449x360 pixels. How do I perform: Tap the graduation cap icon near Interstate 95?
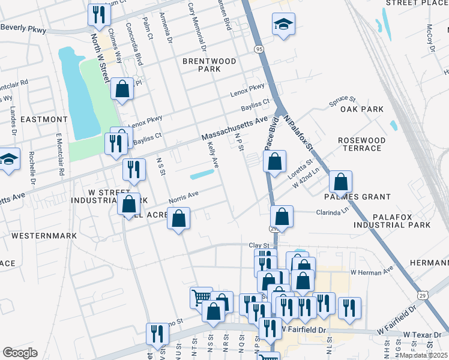283,25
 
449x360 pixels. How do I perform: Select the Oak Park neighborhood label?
361,109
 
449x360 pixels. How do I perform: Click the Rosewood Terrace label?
361,144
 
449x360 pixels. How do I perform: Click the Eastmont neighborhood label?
43,119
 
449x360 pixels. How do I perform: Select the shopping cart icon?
201,296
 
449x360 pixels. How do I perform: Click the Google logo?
19,353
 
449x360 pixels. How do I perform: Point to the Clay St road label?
258,245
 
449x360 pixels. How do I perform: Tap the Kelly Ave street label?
212,154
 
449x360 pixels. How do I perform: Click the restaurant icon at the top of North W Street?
98,14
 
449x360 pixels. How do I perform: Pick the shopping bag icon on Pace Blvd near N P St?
274,161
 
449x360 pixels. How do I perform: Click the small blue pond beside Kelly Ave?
202,175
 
